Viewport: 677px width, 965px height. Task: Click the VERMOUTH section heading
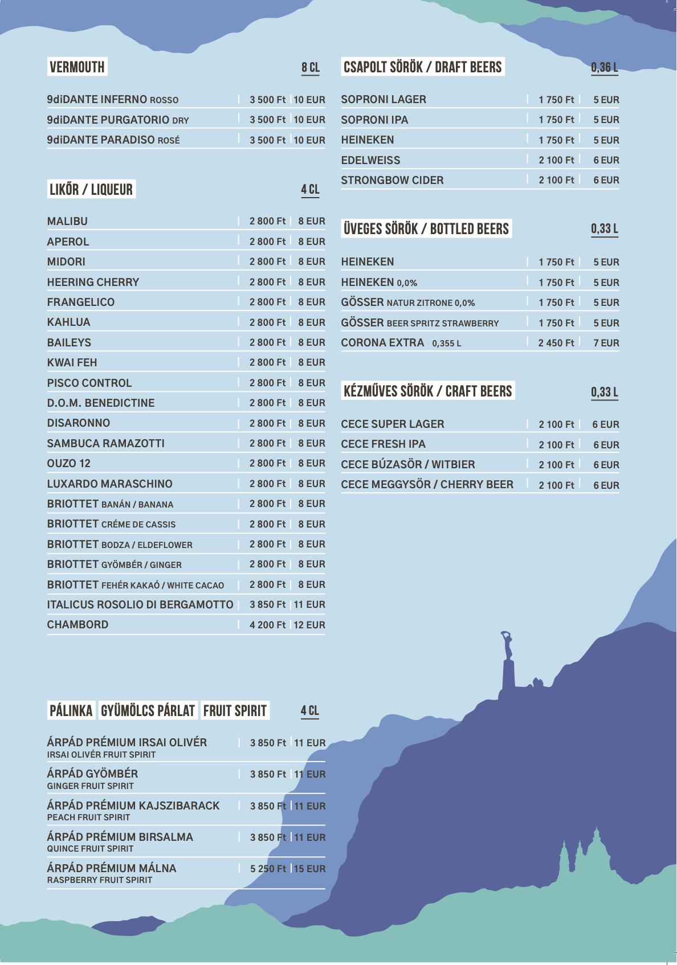click(x=77, y=67)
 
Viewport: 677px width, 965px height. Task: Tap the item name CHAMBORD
click(x=78, y=625)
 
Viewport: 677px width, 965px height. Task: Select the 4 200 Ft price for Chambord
click(x=267, y=625)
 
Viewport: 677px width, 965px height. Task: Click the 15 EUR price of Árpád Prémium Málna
click(x=310, y=869)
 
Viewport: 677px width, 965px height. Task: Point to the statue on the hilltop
click(x=507, y=661)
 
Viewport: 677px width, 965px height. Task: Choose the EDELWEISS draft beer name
click(x=370, y=161)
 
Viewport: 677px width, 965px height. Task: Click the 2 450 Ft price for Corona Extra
click(x=556, y=343)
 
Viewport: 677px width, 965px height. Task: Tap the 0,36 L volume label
click(x=604, y=68)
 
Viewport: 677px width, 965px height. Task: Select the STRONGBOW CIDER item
click(x=392, y=181)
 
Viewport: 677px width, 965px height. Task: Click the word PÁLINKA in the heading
click(x=71, y=711)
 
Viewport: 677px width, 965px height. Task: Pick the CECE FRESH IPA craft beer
click(x=383, y=444)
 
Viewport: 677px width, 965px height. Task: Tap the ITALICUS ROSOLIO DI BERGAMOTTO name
click(x=140, y=605)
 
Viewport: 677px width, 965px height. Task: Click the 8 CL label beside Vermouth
click(x=311, y=68)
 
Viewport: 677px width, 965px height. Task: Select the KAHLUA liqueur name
click(x=68, y=322)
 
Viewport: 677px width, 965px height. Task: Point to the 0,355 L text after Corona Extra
click(x=446, y=344)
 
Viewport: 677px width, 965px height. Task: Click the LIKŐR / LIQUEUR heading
click(x=91, y=190)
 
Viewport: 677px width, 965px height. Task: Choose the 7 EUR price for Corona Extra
click(x=606, y=343)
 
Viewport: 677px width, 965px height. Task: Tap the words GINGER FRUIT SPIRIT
click(x=90, y=786)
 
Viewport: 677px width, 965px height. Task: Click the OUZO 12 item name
click(x=68, y=464)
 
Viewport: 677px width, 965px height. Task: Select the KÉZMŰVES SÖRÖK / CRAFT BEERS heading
click(x=427, y=391)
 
